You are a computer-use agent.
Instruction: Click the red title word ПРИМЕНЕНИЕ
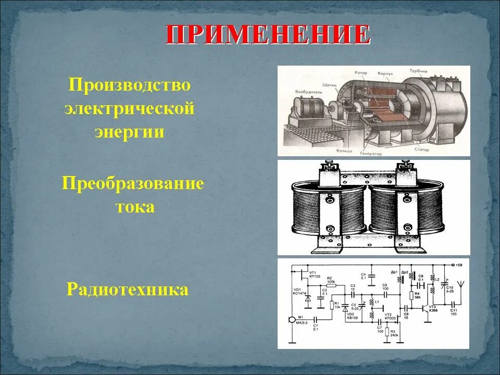click(x=268, y=35)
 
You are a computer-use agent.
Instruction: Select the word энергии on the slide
click(x=130, y=132)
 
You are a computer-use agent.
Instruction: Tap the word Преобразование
click(x=133, y=184)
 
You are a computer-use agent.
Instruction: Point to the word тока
click(x=135, y=207)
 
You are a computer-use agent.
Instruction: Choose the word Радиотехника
click(x=128, y=289)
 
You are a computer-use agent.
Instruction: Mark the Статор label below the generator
click(x=422, y=150)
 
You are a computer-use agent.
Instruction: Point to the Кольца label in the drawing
click(x=314, y=150)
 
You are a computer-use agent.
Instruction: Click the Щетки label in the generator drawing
click(x=330, y=83)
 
